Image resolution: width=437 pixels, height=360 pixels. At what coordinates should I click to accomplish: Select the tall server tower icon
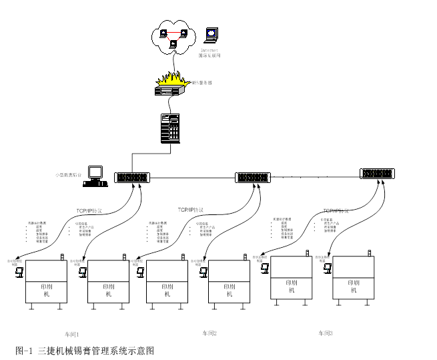(x=170, y=128)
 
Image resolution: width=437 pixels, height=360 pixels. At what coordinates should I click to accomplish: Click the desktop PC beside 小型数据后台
(x=95, y=174)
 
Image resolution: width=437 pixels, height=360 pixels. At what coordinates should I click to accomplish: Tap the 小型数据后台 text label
(x=68, y=175)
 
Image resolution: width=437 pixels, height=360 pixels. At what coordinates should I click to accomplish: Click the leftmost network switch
(x=132, y=178)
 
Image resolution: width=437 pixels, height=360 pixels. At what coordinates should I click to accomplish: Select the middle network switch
(x=253, y=178)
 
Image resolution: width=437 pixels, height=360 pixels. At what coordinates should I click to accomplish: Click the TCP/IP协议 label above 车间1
(x=89, y=211)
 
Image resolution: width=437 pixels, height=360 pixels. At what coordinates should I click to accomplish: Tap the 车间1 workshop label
(x=71, y=333)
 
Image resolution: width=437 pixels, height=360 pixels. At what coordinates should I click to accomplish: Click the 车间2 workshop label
(x=209, y=333)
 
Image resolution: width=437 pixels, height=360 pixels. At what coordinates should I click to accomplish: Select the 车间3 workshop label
(x=325, y=333)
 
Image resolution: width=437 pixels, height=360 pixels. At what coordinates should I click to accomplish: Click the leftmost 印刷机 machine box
(x=46, y=282)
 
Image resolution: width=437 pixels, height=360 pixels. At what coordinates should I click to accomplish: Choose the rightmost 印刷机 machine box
(x=353, y=278)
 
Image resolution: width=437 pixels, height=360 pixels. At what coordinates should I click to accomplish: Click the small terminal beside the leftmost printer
(x=20, y=271)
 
